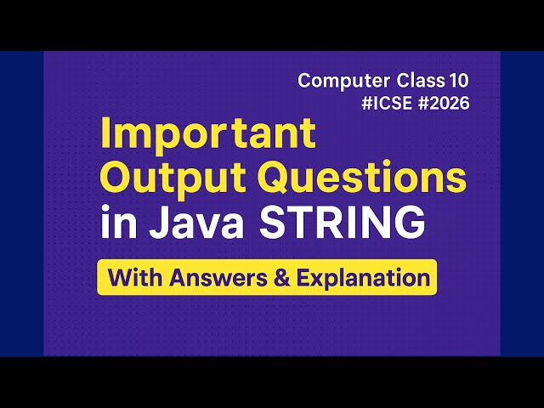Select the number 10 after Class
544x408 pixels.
[458, 81]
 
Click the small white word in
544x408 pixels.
[115, 224]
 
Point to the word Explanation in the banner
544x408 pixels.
[358, 279]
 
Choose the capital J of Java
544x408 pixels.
[155, 223]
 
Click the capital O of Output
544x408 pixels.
[116, 179]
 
